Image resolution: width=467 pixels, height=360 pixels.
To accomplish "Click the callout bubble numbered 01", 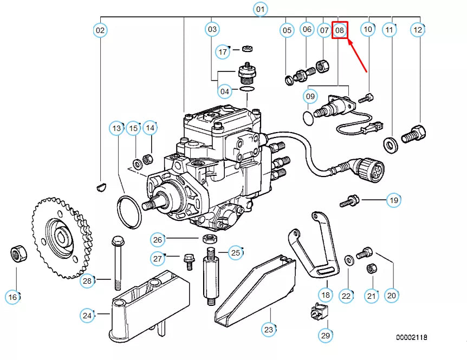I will pos(261,9).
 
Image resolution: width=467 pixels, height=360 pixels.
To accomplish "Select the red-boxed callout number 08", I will pos(340,30).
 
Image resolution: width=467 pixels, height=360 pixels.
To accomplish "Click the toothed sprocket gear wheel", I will pos(60,238).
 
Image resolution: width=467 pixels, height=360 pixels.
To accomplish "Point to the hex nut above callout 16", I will pos(16,253).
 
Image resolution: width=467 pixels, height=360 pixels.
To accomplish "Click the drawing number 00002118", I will pos(411,337).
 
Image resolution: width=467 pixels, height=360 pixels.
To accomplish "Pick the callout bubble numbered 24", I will pos(87,315).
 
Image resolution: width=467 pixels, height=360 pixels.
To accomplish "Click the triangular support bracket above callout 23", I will pos(255,292).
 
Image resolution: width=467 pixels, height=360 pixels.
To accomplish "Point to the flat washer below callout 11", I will pos(389,144).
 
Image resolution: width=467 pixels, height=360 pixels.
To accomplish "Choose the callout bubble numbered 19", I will pos(393,200).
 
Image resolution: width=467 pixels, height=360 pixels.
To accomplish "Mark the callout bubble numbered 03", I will pos(212,29).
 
